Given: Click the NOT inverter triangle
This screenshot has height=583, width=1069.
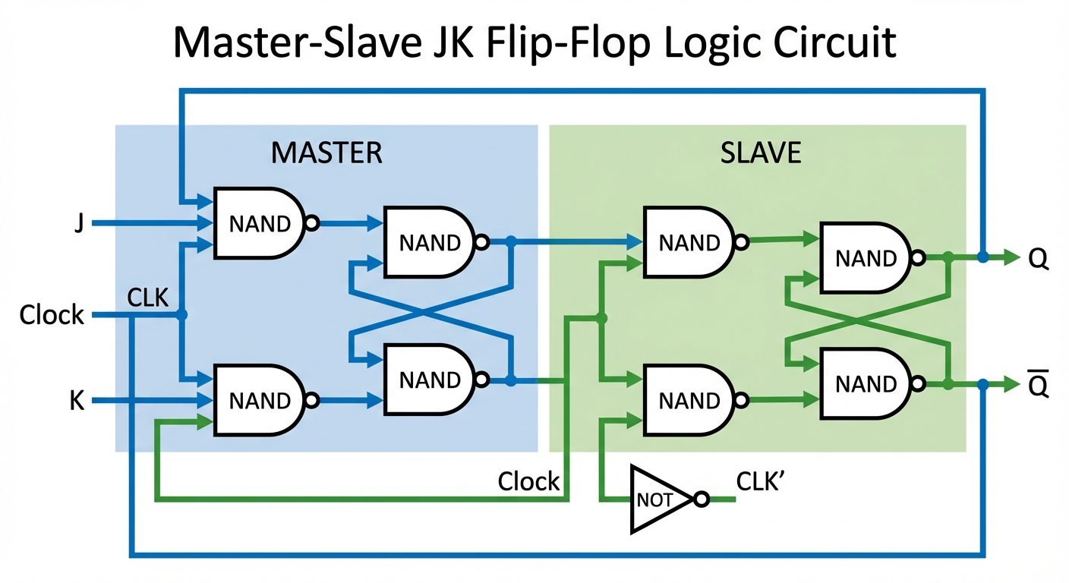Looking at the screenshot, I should [657, 499].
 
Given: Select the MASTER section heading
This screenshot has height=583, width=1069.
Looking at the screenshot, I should [326, 153].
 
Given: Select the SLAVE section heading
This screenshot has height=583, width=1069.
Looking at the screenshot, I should [760, 153].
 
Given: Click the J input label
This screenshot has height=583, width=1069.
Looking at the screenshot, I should [78, 225].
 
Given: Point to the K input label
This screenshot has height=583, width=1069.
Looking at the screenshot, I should [77, 401].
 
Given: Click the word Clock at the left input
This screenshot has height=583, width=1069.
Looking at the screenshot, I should [52, 314].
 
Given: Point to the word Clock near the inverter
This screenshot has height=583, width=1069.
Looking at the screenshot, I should [528, 481].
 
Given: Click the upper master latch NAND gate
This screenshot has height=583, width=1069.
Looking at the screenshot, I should [427, 242].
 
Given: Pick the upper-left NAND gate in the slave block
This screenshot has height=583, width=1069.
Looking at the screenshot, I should [686, 242].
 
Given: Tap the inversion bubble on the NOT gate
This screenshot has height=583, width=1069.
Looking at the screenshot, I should [702, 499].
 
